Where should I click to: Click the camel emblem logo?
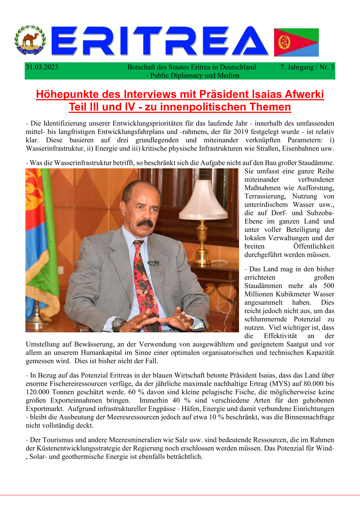tap(30, 40)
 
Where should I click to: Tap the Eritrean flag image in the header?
tap(296, 42)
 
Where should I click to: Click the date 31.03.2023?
tap(42, 67)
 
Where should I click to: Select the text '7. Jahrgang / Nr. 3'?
tap(307, 67)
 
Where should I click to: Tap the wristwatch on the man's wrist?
tap(117, 324)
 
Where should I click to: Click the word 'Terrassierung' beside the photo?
tap(265, 196)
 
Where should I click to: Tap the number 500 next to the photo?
tap(329, 285)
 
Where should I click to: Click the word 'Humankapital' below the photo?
tap(103, 352)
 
